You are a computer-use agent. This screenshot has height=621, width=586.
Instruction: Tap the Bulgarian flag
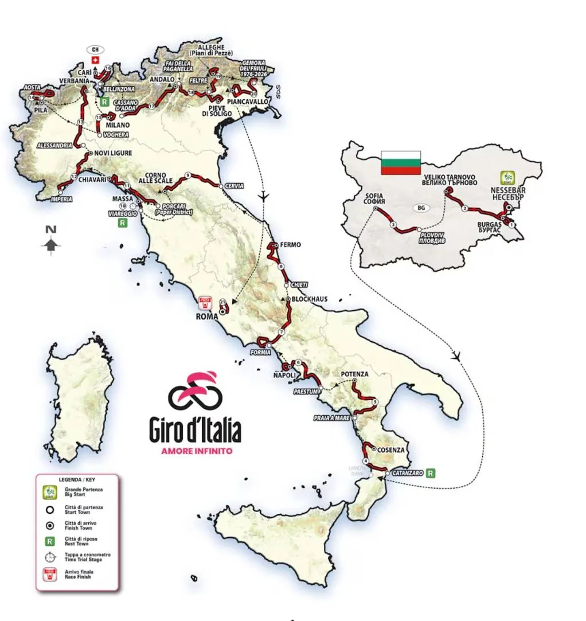[401, 163]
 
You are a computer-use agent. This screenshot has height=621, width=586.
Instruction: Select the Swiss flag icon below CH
[95, 60]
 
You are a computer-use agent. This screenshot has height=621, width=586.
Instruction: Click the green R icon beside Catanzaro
[431, 473]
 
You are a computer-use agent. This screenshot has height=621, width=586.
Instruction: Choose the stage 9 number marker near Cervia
[187, 175]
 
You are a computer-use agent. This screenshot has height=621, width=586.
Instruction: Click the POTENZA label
[354, 374]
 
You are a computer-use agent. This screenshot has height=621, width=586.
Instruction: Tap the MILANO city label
[116, 124]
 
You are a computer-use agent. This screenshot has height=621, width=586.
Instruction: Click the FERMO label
[291, 245]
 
